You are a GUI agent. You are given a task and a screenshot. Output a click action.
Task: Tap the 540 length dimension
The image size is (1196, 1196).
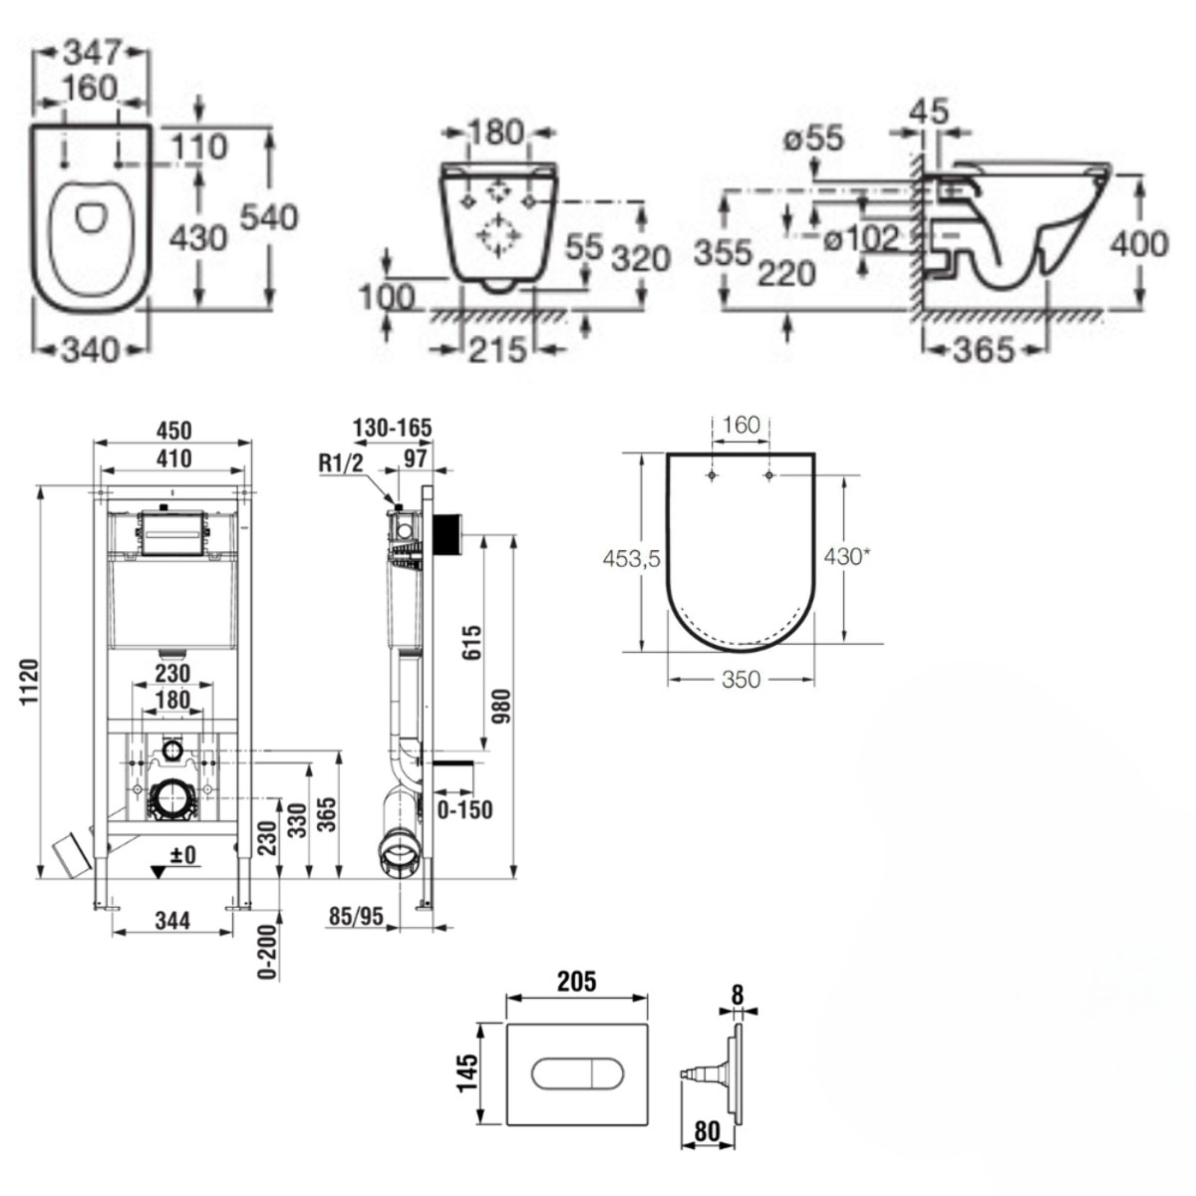tap(269, 216)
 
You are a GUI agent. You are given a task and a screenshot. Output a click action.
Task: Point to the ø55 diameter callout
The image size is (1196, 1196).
tap(813, 138)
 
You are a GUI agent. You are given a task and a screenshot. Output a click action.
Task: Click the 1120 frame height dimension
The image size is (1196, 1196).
tap(30, 682)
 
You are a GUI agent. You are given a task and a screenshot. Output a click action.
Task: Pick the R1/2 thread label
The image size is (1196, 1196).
tap(340, 463)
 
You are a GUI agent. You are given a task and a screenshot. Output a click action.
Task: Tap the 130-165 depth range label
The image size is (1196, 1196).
tap(393, 428)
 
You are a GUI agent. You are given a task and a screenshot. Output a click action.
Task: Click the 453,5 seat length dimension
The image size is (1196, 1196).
tap(631, 558)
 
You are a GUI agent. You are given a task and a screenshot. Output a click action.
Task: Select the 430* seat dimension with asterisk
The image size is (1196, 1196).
tap(845, 556)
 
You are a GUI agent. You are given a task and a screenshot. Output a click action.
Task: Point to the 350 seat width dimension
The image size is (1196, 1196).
tap(742, 679)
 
